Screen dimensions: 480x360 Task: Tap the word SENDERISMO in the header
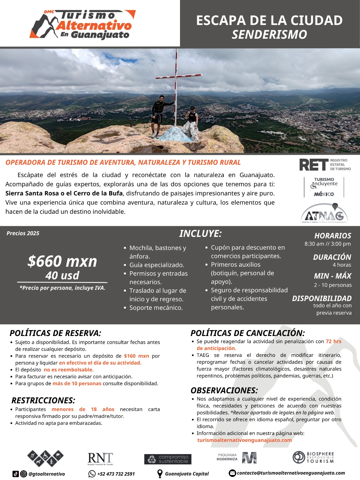(x=269, y=35)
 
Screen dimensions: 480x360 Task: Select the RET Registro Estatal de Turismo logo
(x=325, y=165)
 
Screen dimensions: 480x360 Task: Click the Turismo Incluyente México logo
(x=324, y=187)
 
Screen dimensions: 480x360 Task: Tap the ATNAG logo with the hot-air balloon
(x=324, y=213)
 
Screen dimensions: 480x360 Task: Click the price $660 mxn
(x=62, y=261)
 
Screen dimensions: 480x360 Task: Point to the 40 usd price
(x=62, y=275)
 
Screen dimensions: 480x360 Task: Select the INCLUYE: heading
(x=200, y=234)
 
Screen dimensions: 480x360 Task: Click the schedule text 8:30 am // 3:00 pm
(x=328, y=244)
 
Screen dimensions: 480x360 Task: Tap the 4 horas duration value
(x=342, y=265)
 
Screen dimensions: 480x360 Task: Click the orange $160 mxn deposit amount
(x=136, y=356)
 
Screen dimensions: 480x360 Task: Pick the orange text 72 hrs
(x=334, y=341)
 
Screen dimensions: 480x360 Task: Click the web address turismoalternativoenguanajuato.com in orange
(x=244, y=440)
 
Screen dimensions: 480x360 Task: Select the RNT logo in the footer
(x=100, y=459)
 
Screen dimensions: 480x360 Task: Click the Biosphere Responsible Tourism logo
(x=313, y=457)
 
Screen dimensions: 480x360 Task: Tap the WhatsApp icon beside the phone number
(x=92, y=474)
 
